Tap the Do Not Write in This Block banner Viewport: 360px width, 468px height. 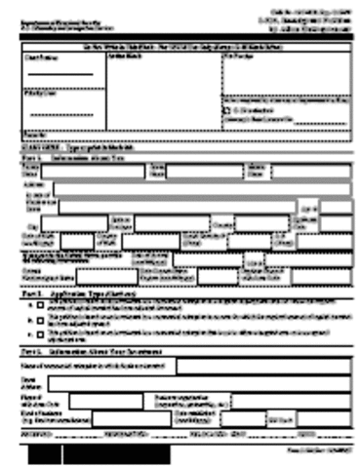180,45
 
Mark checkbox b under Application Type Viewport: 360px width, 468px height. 41,319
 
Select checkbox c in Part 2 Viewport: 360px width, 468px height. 41,333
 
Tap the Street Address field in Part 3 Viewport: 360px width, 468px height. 205,381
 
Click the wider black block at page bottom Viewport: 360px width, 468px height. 116,455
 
